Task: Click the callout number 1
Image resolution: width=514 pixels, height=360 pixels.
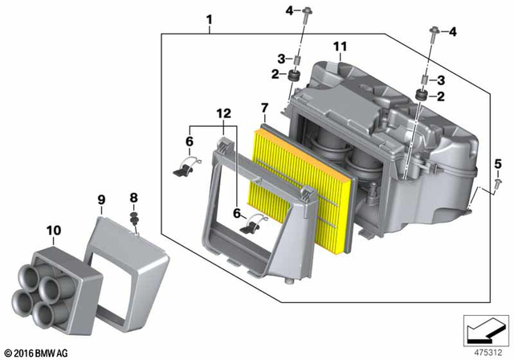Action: (210, 18)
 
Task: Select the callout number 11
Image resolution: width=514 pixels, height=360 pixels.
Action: (339, 46)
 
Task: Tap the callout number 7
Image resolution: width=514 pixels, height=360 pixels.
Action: (264, 108)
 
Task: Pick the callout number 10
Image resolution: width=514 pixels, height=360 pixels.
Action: (54, 231)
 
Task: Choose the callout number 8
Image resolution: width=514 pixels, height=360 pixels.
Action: (134, 196)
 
